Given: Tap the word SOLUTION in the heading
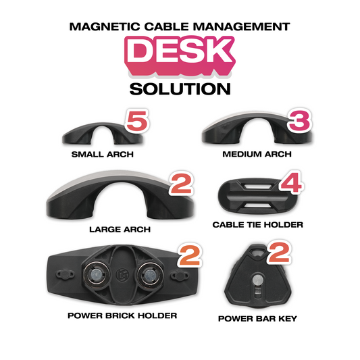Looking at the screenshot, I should click(x=180, y=88).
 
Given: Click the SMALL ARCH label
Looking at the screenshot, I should click(x=103, y=154).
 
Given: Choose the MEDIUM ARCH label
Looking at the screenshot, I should click(x=257, y=154).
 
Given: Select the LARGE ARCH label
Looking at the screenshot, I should click(x=120, y=229).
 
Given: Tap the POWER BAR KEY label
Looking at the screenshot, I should click(x=257, y=318).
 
